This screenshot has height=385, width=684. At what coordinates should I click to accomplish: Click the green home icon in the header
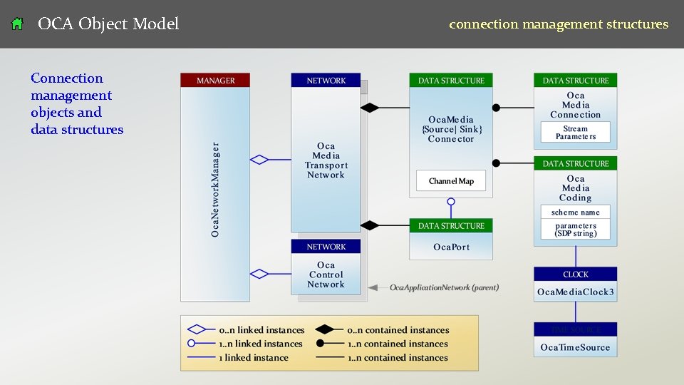tap(18, 24)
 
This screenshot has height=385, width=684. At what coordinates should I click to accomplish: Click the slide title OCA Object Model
tap(108, 24)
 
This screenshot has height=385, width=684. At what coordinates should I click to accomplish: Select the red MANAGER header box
tap(215, 81)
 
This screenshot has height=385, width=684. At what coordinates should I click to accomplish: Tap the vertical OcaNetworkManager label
tap(215, 190)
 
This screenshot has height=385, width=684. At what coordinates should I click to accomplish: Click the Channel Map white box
tap(450, 181)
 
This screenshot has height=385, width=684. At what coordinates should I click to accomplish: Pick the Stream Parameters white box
tap(575, 133)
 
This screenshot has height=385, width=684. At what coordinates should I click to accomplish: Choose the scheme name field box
tap(575, 212)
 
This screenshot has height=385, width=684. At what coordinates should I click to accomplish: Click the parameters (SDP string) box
tap(575, 230)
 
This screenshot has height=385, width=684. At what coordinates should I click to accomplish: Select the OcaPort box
tap(451, 247)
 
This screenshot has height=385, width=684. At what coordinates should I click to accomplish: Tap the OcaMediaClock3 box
tap(575, 292)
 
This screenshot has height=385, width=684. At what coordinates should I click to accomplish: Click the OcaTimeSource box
tap(575, 347)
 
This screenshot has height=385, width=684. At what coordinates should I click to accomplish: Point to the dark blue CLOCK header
tap(575, 274)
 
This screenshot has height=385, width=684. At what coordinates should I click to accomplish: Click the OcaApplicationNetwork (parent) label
tap(443, 287)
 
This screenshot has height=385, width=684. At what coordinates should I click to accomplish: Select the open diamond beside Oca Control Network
tap(259, 274)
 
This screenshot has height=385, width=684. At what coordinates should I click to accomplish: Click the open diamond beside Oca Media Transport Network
tap(259, 160)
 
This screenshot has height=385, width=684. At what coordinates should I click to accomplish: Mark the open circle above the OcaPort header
tap(450, 202)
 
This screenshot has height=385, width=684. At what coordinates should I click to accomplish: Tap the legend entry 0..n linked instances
tap(261, 330)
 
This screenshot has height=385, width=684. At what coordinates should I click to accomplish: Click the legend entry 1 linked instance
tap(254, 357)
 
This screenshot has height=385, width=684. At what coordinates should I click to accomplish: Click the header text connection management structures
tap(558, 24)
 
